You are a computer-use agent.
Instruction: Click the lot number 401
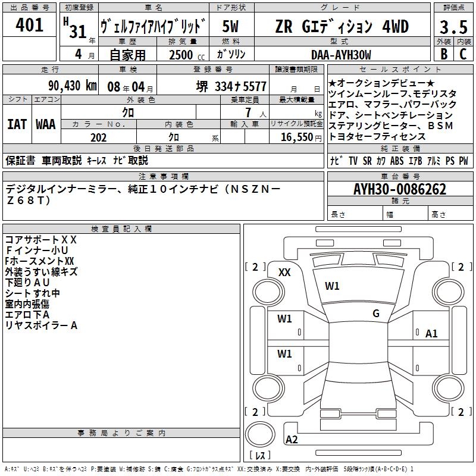click(x=30, y=25)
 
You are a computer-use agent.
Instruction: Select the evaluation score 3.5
click(x=452, y=27)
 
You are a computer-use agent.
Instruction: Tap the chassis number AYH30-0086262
click(x=399, y=189)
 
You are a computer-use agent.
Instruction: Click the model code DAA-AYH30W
click(x=341, y=55)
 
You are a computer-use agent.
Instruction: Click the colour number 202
click(x=99, y=137)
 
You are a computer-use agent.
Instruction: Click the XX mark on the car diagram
click(x=284, y=272)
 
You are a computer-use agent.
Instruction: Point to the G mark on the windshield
click(x=376, y=313)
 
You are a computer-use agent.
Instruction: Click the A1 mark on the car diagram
click(x=431, y=334)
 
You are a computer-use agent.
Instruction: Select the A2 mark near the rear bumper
click(x=292, y=440)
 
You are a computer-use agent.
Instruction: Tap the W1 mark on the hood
click(x=332, y=286)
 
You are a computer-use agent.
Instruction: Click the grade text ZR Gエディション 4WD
click(x=342, y=27)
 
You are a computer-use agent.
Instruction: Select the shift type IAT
click(x=17, y=124)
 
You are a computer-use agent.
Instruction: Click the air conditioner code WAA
click(x=46, y=124)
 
